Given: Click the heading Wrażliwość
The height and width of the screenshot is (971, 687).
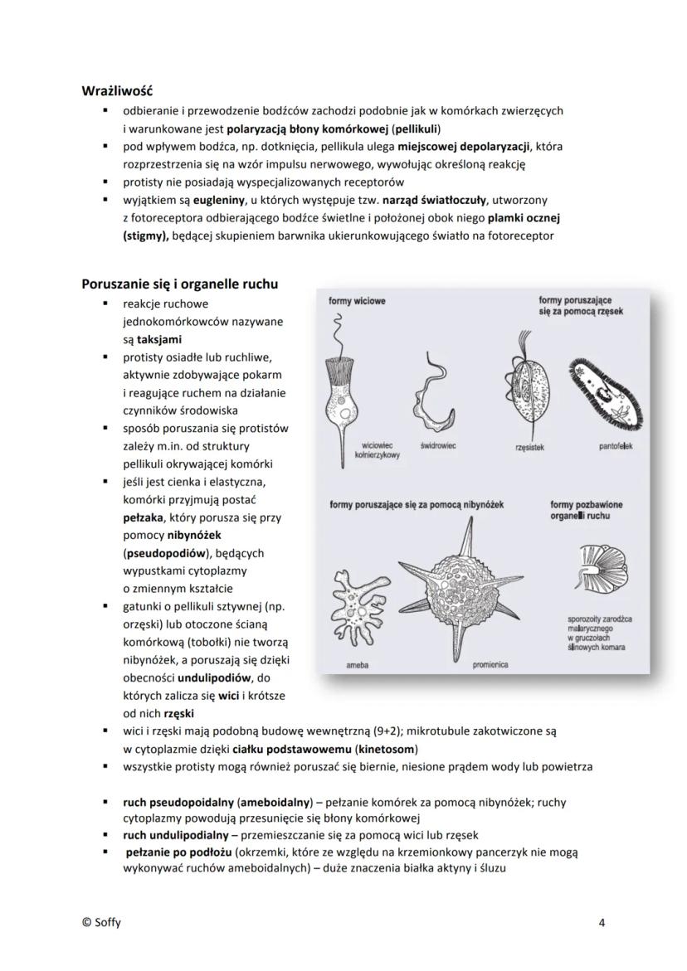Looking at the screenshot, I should pos(117,90).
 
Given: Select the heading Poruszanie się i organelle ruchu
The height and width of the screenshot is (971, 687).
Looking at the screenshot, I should pos(179,284).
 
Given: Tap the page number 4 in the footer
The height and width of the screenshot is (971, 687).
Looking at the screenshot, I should pos(602,921).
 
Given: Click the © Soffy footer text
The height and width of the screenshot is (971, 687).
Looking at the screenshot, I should pos(100,921).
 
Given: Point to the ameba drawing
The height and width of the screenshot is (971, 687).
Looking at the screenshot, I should pos(358,604).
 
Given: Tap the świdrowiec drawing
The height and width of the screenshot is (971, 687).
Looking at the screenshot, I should pos(437,390).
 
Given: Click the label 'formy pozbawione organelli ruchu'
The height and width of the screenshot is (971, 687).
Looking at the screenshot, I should pos(587,510).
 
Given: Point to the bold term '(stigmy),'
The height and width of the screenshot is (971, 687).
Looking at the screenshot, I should pos(145,235).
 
